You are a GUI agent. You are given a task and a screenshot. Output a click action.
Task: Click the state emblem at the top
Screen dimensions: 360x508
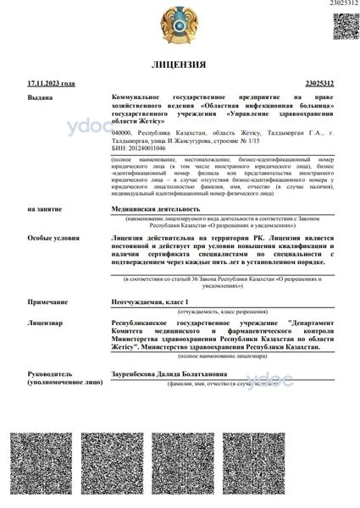[x=180, y=25]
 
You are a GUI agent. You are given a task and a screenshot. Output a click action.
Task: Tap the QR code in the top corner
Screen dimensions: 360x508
[x=343, y=25]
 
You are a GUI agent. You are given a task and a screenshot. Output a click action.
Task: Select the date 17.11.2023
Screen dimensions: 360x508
[x=51, y=84]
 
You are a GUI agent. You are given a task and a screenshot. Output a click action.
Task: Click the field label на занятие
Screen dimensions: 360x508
[x=43, y=207]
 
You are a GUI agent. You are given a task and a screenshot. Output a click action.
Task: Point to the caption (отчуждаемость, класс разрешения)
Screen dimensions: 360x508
[x=222, y=312]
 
